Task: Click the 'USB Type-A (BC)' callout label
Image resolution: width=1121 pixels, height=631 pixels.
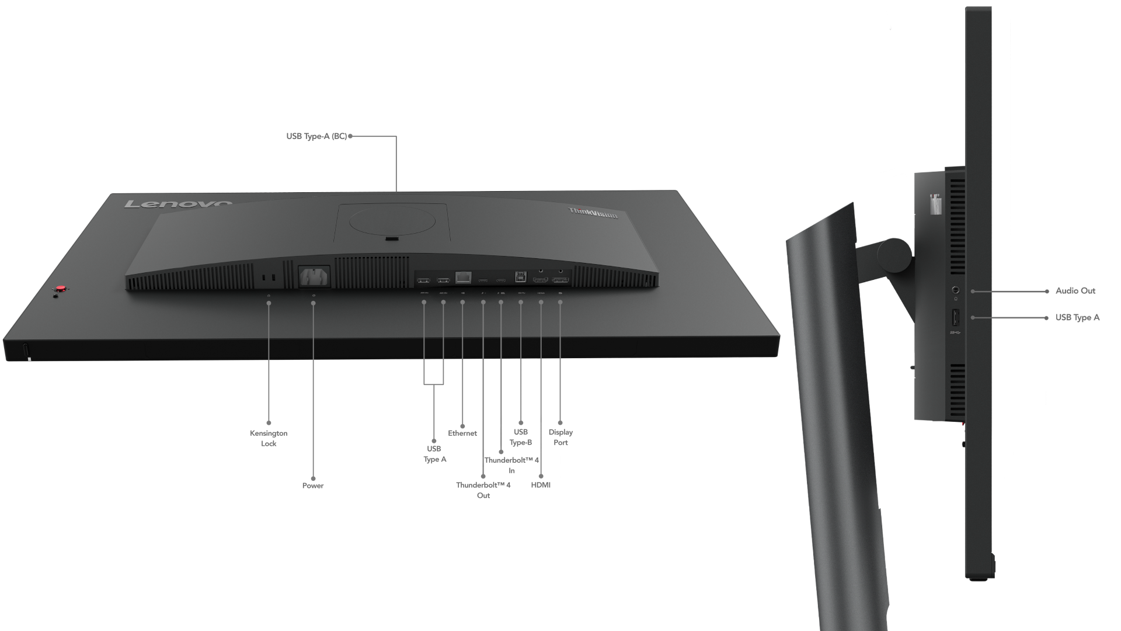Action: (316, 136)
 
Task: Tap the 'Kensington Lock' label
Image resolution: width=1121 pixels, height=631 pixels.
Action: (269, 438)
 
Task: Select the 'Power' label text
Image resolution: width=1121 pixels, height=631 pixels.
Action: (313, 486)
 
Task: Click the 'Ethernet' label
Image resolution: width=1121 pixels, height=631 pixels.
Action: (462, 433)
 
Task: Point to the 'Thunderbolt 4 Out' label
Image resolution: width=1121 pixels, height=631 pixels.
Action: (483, 490)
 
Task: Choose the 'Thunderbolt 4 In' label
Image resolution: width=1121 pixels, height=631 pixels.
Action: (511, 465)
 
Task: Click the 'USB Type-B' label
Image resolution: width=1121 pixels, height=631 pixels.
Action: (521, 437)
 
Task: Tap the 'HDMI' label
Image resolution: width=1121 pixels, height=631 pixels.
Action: (541, 485)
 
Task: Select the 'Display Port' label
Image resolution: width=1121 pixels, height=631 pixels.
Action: (560, 437)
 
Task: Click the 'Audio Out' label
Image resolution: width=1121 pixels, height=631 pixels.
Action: (1075, 290)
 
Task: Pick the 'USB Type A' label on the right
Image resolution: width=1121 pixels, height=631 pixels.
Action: (1077, 317)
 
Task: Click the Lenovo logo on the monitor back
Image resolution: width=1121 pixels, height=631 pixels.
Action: (178, 204)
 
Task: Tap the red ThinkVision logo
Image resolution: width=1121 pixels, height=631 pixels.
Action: (593, 213)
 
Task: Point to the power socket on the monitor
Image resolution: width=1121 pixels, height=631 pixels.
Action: (314, 276)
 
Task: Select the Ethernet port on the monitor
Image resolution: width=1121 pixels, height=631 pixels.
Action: (463, 277)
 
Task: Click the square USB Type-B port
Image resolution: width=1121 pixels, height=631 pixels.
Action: (520, 276)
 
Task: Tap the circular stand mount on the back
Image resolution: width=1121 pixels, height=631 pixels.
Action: (392, 221)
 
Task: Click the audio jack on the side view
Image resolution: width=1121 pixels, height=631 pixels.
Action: (955, 290)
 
